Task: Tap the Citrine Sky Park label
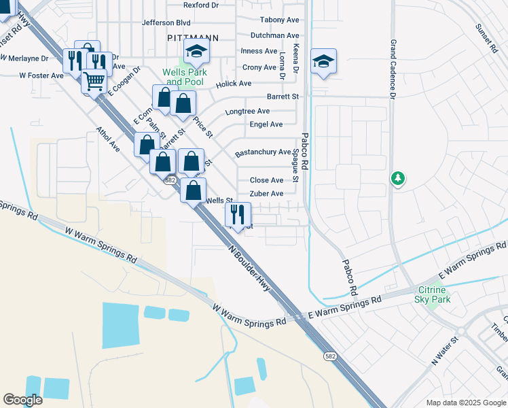(x=432, y=294)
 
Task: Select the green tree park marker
(x=398, y=178)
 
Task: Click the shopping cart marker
(x=94, y=82)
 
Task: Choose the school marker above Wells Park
(x=196, y=50)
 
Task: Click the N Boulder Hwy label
(x=251, y=268)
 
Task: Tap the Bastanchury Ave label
(x=263, y=152)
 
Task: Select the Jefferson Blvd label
(x=166, y=22)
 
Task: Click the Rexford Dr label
(x=201, y=4)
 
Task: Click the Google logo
(x=22, y=400)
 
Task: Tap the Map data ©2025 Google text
(x=465, y=403)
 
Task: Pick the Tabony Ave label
(x=279, y=20)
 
